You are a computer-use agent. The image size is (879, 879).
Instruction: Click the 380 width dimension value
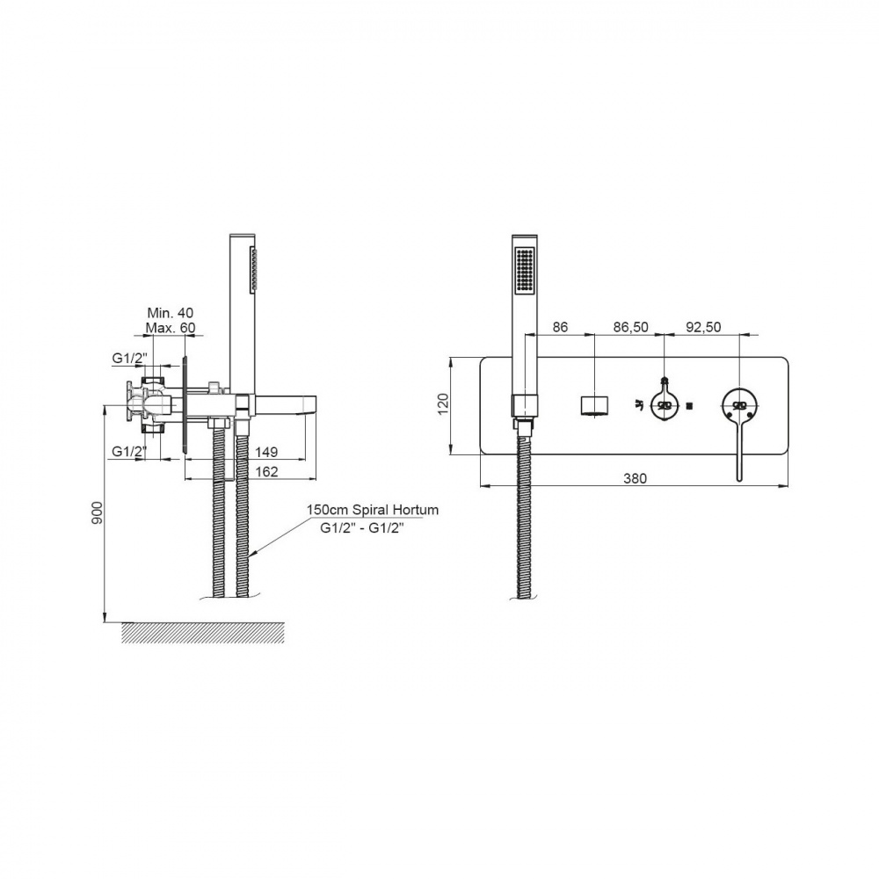636,478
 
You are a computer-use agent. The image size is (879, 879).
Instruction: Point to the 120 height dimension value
443,403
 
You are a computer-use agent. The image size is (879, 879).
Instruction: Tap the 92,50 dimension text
702,327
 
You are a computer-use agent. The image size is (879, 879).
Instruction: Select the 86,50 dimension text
630,327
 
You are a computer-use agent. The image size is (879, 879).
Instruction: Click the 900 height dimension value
97,512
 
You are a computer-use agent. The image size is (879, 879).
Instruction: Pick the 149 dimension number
266,452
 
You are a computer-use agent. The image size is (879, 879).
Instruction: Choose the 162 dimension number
266,471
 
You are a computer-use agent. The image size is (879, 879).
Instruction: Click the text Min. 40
170,313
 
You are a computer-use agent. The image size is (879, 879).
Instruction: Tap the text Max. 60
171,327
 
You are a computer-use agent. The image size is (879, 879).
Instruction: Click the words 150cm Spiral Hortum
372,510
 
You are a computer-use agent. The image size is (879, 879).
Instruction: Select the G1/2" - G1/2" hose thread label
361,527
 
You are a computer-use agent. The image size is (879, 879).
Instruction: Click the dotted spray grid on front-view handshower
525,270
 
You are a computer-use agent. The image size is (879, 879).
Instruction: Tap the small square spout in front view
595,405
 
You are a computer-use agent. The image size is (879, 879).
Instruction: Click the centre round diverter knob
665,404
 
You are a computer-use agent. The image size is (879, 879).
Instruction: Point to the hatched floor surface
204,632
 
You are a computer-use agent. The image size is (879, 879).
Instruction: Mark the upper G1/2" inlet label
129,357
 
